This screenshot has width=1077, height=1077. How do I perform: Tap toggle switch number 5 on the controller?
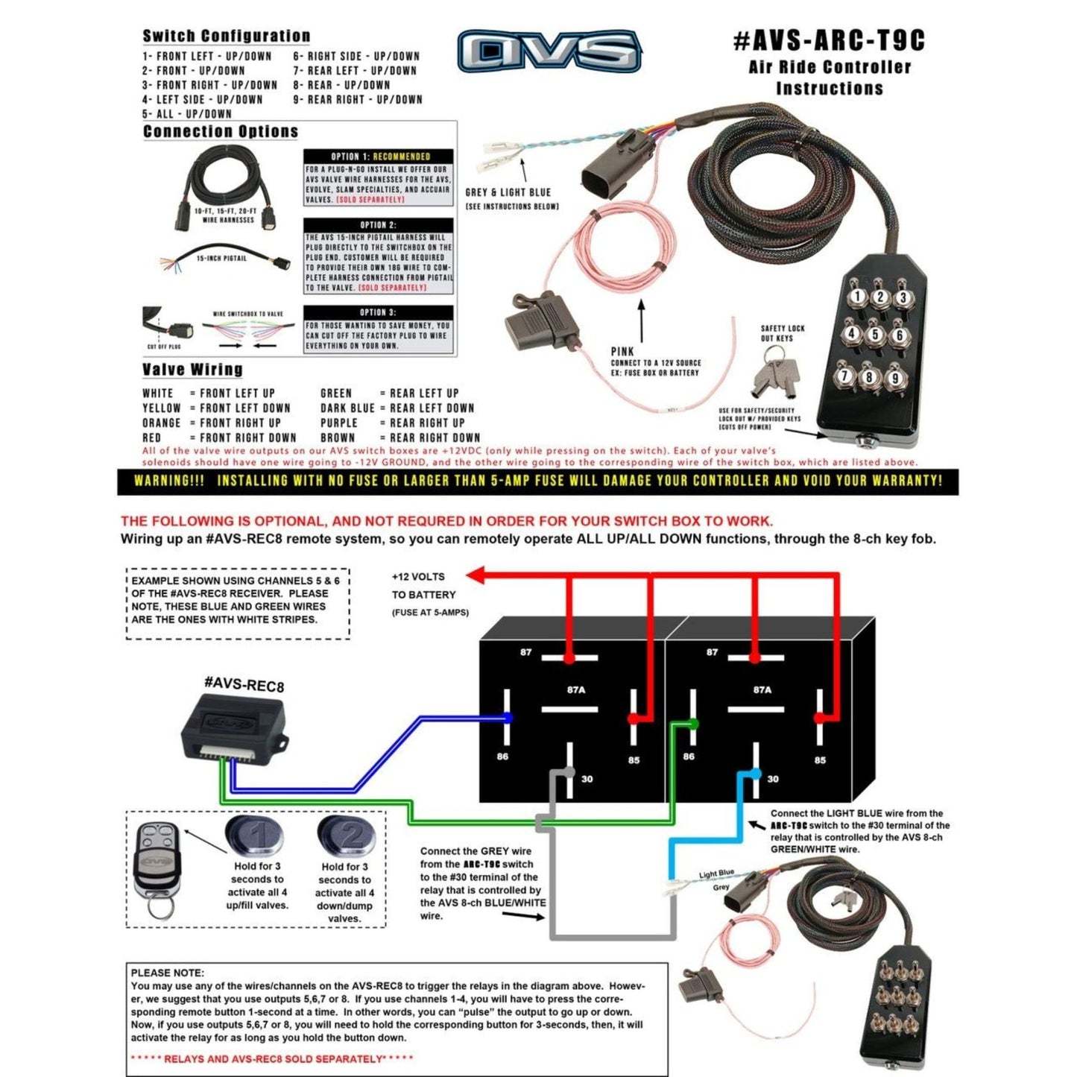coord(875,335)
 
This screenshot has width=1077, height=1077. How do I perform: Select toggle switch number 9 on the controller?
coord(894,379)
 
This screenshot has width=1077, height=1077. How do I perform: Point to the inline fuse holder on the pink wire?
coord(540,323)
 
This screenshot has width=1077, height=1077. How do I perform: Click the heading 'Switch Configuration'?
coord(226,36)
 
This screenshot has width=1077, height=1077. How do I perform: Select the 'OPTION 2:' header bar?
coord(378,224)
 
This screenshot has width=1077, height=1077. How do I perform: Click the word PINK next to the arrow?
coord(622,351)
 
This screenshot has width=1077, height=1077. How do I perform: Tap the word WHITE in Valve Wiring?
coord(157,394)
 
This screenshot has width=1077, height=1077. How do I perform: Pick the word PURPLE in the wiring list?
coord(338,423)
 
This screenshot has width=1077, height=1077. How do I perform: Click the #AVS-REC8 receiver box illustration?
coord(233,728)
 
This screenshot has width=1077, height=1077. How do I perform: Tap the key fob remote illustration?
coord(157,865)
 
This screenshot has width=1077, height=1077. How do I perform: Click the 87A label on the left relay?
coord(575,690)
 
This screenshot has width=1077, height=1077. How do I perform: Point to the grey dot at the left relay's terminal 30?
coord(569,772)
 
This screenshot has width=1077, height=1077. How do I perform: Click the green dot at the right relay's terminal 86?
coord(694,723)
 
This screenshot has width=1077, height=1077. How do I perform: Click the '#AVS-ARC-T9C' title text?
coord(829,40)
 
